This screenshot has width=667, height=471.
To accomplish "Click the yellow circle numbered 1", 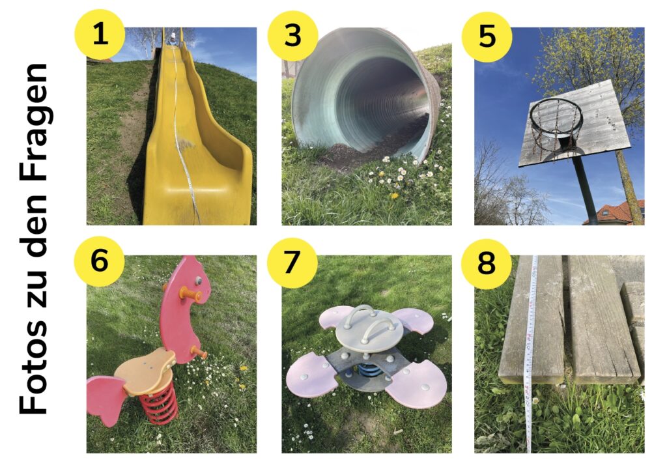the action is [100, 35].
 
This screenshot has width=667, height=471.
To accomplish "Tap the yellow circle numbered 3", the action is [292, 36].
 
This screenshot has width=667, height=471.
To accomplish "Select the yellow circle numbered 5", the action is [487, 37].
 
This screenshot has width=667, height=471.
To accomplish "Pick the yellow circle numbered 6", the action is [99, 261].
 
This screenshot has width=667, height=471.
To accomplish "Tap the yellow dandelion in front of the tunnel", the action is [393, 195].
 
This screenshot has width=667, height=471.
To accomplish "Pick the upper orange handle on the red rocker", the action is [192, 294].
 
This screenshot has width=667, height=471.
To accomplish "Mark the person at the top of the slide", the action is [172, 37].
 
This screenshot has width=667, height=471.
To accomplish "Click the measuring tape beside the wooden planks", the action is [531, 354].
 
